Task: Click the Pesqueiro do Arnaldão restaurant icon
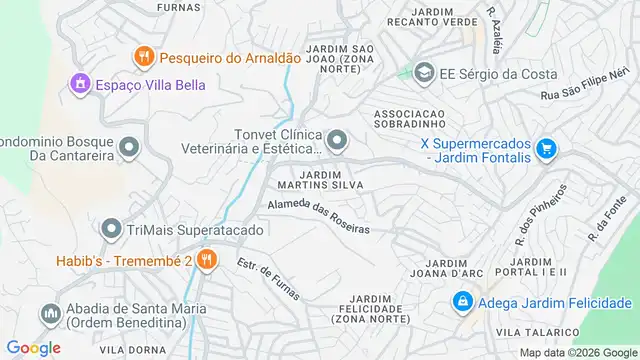tap(144, 58)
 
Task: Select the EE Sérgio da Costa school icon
tap(424, 73)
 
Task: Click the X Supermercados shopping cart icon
tap(545, 149)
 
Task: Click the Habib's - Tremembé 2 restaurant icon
tap(206, 260)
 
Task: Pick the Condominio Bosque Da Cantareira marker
tap(128, 149)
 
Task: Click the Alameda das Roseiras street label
tap(318, 215)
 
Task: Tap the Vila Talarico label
tap(537, 331)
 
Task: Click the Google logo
tap(32, 347)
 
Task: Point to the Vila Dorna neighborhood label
tap(124, 348)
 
